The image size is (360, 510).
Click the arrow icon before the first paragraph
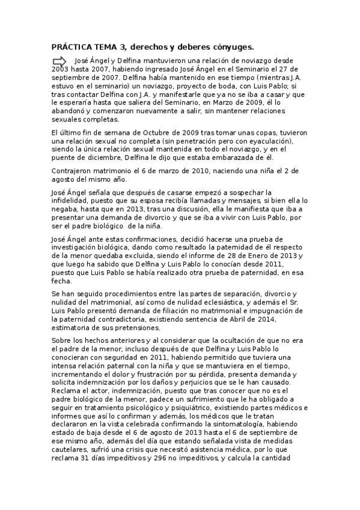pos(59,61)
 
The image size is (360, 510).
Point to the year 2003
pos(61,69)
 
